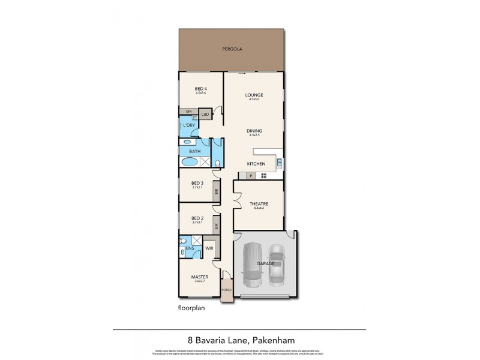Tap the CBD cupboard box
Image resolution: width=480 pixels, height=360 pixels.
pos(205,114)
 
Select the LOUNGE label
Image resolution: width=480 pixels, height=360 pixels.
pos(254,95)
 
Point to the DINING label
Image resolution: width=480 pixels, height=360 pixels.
pos(254,131)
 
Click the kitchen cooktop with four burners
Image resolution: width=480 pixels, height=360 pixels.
pos(262,176)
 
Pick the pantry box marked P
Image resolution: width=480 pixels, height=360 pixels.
pos(251,176)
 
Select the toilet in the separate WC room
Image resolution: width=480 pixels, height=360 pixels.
pos(217,162)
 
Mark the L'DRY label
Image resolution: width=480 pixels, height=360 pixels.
pos(188,125)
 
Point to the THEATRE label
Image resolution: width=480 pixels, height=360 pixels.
pos(259,205)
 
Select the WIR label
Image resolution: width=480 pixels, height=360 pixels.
pos(209,247)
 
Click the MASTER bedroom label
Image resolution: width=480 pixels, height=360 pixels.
pos(199,277)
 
